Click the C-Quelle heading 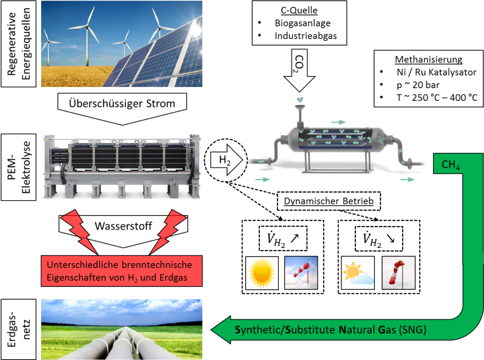pos(299,10)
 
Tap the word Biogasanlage pos(302,23)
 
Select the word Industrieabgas pos(306,36)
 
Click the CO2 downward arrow pos(299,70)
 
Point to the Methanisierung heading pos(428,59)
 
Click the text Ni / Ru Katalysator pos(436,72)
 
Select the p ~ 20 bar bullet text pos(418,85)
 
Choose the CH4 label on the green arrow pos(450,165)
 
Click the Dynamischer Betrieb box pos(329,201)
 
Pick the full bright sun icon pos(262,273)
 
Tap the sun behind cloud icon pos(358,273)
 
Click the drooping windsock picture pos(398,273)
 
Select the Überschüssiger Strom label pos(122,104)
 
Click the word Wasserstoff pos(123,226)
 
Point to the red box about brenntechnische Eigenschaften pos(121,271)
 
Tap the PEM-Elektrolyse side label pos(18,167)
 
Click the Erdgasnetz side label pos(18,329)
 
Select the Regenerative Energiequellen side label pos(18,44)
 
